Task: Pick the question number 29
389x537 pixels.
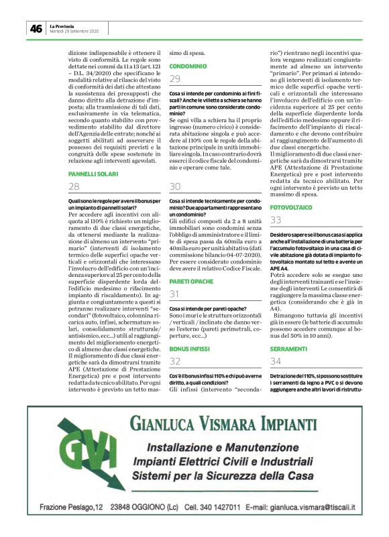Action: click(x=175, y=80)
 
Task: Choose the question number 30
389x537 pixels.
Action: click(x=175, y=186)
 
